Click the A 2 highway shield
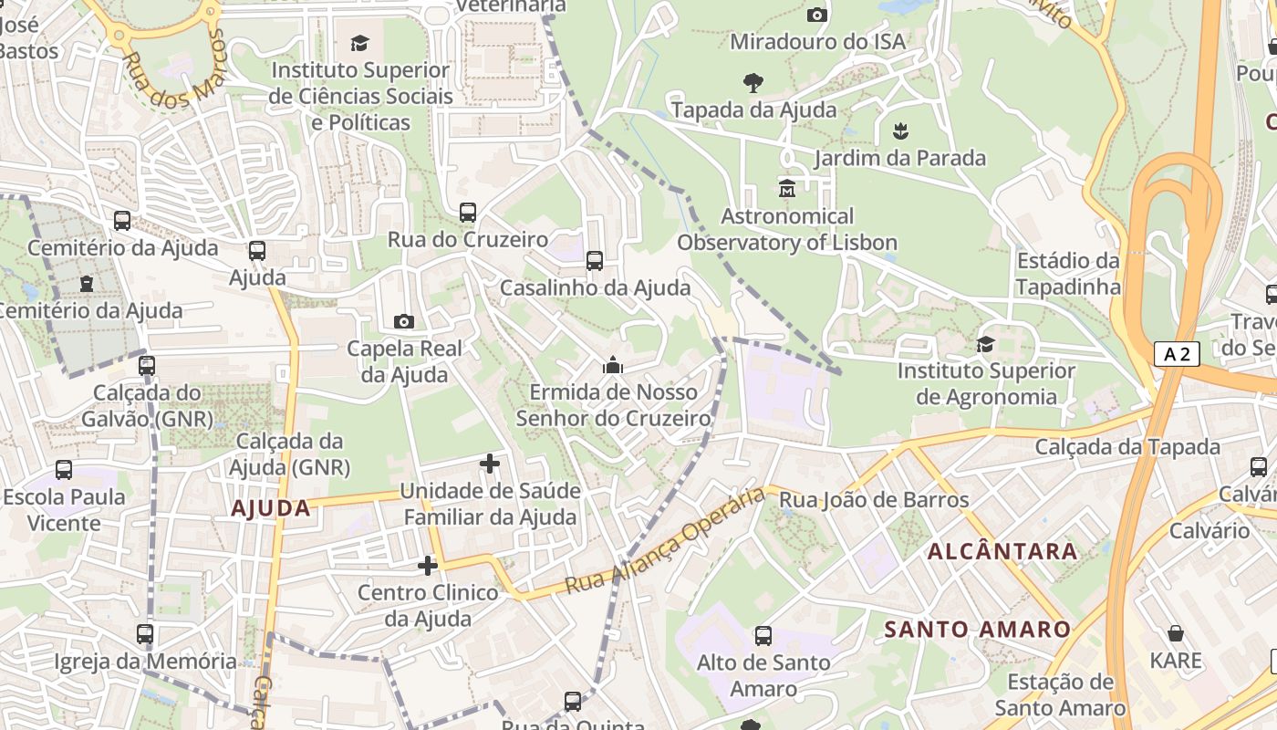(x=1176, y=354)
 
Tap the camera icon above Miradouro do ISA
(x=817, y=15)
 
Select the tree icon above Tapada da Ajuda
(x=753, y=83)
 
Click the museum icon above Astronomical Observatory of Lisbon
(x=786, y=189)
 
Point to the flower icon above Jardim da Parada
(x=900, y=130)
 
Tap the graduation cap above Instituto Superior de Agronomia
(x=985, y=344)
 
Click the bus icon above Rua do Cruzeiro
(x=468, y=213)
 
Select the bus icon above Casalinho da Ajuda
(x=595, y=261)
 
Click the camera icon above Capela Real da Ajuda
(x=403, y=321)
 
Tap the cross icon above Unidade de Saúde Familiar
(x=490, y=464)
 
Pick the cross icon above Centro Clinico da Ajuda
(x=428, y=566)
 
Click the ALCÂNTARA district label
(x=1002, y=551)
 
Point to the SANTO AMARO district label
(x=977, y=630)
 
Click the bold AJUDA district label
(x=271, y=508)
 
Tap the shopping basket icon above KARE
(x=1176, y=633)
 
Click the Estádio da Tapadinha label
(x=1068, y=274)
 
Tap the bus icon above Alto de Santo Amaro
(x=763, y=636)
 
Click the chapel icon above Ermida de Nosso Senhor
(x=613, y=366)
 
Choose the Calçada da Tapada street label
(x=1126, y=447)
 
